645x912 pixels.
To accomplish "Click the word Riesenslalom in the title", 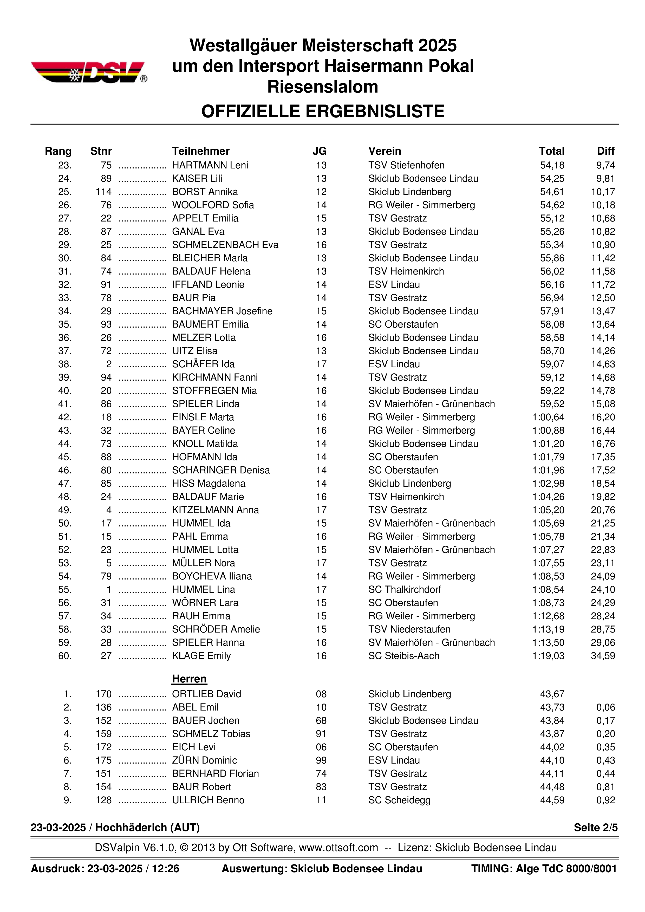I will [322, 87].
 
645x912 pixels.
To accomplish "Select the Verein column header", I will [385, 151].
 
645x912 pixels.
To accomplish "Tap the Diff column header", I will [605, 151].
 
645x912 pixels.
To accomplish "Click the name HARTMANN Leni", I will [210, 165].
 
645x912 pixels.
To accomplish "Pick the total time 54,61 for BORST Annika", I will [552, 192].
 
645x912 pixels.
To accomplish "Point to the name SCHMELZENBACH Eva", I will [225, 245].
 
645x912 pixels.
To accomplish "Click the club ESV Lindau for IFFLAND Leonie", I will [394, 284].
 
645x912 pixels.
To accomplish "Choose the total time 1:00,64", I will [548, 417].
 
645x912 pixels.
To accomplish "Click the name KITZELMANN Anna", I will [215, 510].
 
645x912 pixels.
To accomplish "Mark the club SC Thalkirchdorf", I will [404, 589].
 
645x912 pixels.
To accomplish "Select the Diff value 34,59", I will [603, 656].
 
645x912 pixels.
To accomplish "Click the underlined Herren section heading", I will [189, 679].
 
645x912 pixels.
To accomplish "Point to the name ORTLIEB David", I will [206, 694].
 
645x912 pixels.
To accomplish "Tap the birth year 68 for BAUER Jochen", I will [321, 721].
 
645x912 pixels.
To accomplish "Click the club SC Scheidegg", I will [399, 800].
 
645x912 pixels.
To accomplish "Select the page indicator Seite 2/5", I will [595, 828].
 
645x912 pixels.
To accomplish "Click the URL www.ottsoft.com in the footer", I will [338, 848].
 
